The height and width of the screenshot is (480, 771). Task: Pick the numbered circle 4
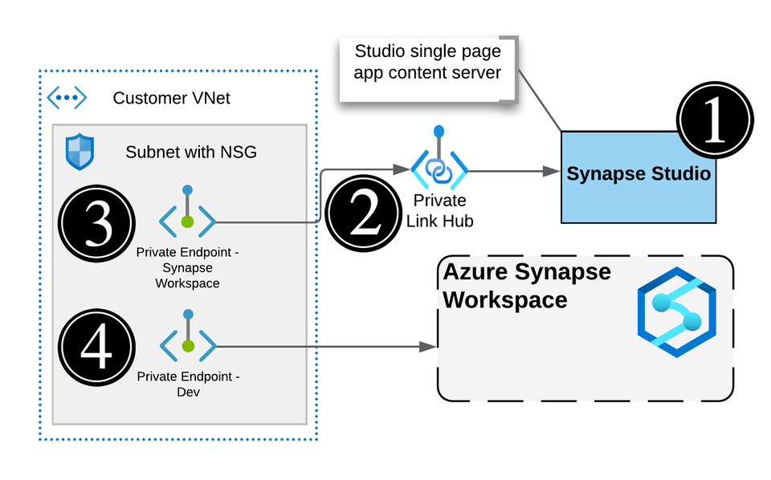[97, 348]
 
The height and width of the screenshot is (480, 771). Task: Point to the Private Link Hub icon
[439, 167]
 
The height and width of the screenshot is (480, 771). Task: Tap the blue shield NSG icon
[80, 152]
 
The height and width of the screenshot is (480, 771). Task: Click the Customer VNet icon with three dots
[67, 98]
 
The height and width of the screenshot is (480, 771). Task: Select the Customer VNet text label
[171, 99]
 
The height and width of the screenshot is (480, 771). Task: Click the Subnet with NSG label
[191, 152]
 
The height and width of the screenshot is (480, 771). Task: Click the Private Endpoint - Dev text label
[188, 384]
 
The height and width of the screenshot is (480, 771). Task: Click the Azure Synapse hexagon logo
[676, 313]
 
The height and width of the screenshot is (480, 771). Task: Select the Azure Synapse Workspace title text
[527, 286]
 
